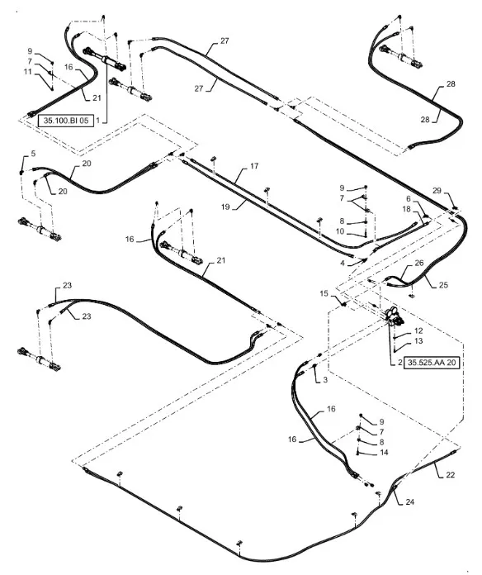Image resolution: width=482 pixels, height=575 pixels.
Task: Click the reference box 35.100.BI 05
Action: coord(66,121)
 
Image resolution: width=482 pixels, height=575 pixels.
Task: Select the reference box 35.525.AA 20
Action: coord(432,363)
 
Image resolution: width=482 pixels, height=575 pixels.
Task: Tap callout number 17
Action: coord(254,166)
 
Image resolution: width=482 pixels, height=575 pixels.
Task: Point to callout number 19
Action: coord(225,207)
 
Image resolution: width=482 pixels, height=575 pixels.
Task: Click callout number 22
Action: coord(450,474)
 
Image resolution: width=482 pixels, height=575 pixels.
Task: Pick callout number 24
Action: coord(410,501)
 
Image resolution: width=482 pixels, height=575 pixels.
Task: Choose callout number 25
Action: coord(443,285)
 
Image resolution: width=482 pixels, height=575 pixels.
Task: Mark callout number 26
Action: coord(419,263)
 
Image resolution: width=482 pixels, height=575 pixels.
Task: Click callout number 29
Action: coord(437,190)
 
